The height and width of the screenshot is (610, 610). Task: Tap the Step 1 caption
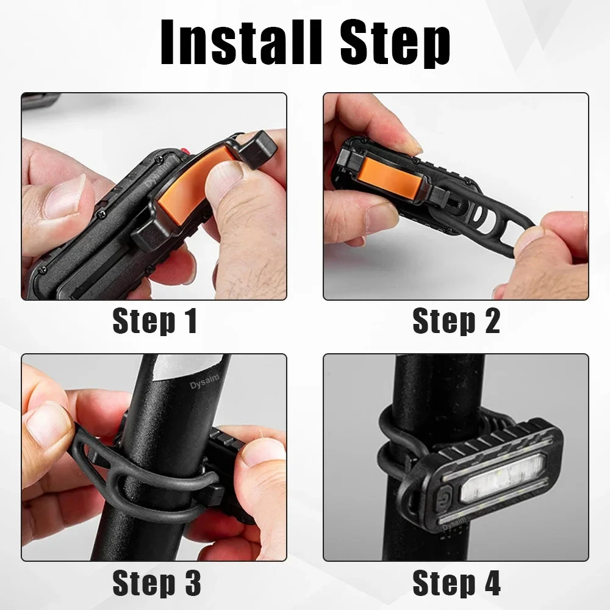(154, 321)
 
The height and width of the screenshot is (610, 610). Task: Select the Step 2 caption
(456, 321)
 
